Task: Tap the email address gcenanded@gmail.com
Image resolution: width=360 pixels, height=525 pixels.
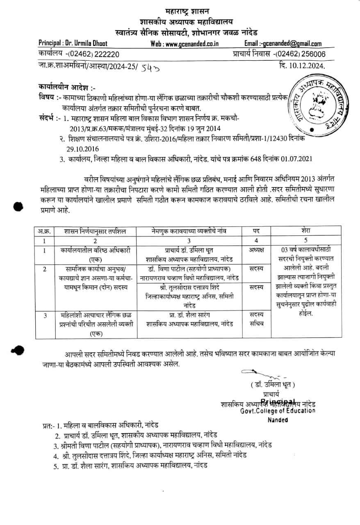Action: (x=292, y=44)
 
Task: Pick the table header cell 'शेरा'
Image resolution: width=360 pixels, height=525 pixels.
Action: (x=306, y=231)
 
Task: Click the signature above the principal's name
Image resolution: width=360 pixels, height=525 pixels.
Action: (x=262, y=374)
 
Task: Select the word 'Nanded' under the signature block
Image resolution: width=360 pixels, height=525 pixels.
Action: (x=278, y=420)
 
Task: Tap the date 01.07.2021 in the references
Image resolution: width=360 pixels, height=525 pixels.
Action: (x=297, y=159)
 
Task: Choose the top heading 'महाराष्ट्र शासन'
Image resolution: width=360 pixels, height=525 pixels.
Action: (x=181, y=12)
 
